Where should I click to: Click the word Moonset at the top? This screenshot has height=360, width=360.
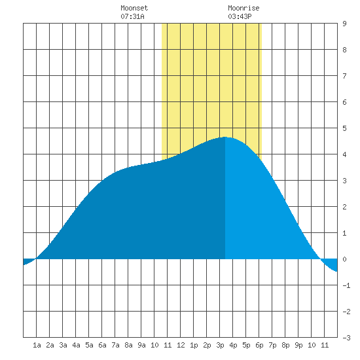[x=134, y=8]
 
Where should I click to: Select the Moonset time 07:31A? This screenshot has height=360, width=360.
[x=132, y=16]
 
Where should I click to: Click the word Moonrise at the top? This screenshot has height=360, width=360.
[x=243, y=8]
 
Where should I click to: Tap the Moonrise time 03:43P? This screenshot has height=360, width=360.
[x=240, y=16]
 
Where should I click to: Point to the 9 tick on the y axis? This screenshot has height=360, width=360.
[x=344, y=24]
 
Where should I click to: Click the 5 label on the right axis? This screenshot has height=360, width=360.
[x=344, y=128]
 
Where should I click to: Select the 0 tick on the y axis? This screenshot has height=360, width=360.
[x=344, y=259]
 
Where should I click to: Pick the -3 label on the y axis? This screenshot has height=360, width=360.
[x=346, y=338]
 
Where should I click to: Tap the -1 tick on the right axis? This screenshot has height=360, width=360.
[x=346, y=285]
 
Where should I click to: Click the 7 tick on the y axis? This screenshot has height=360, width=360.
[x=344, y=76]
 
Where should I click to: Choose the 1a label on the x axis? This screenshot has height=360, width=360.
[x=37, y=345]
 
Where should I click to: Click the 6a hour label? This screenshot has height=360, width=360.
[x=102, y=345]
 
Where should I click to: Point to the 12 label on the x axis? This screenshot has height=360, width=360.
[x=181, y=345]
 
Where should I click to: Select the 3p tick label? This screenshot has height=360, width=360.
[x=220, y=345]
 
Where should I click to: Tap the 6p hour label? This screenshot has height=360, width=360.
[x=259, y=345]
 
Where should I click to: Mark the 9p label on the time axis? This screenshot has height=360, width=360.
[x=298, y=345]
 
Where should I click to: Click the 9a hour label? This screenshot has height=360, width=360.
[x=141, y=345]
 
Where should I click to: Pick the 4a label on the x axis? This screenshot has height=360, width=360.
[x=76, y=345]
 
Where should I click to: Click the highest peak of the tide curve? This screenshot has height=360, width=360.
[x=225, y=137]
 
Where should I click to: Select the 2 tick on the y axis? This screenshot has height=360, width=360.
[x=344, y=207]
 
